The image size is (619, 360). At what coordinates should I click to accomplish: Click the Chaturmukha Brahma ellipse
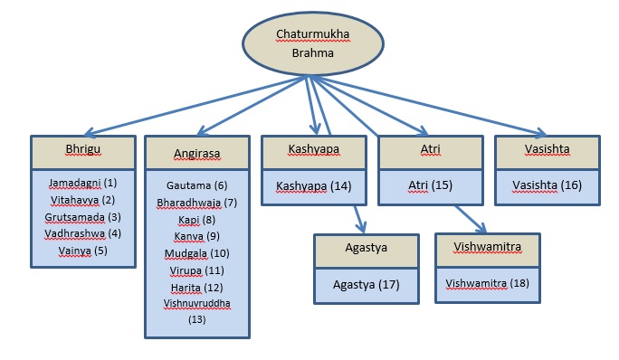click(x=307, y=43)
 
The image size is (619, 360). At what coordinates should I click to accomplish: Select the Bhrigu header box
click(x=83, y=150)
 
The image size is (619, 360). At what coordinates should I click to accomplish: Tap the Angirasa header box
click(x=197, y=153)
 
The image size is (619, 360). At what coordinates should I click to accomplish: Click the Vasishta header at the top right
click(x=546, y=150)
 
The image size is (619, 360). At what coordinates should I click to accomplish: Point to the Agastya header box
click(x=367, y=251)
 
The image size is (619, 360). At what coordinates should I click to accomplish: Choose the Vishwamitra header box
click(x=489, y=251)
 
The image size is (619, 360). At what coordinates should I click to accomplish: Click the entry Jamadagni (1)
click(x=83, y=183)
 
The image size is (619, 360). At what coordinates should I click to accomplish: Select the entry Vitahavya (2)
click(x=83, y=200)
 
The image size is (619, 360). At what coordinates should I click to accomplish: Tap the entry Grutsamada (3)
click(x=83, y=217)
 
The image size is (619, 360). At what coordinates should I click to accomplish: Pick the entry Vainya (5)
click(x=83, y=251)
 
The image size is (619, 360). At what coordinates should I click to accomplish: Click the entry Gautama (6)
click(x=196, y=185)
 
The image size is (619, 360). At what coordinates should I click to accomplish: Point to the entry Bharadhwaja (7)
click(x=196, y=202)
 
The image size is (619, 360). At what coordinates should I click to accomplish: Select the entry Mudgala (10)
click(x=196, y=253)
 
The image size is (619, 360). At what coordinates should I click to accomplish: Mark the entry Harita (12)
click(x=196, y=288)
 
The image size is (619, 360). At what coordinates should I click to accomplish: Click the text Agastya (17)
click(x=367, y=285)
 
